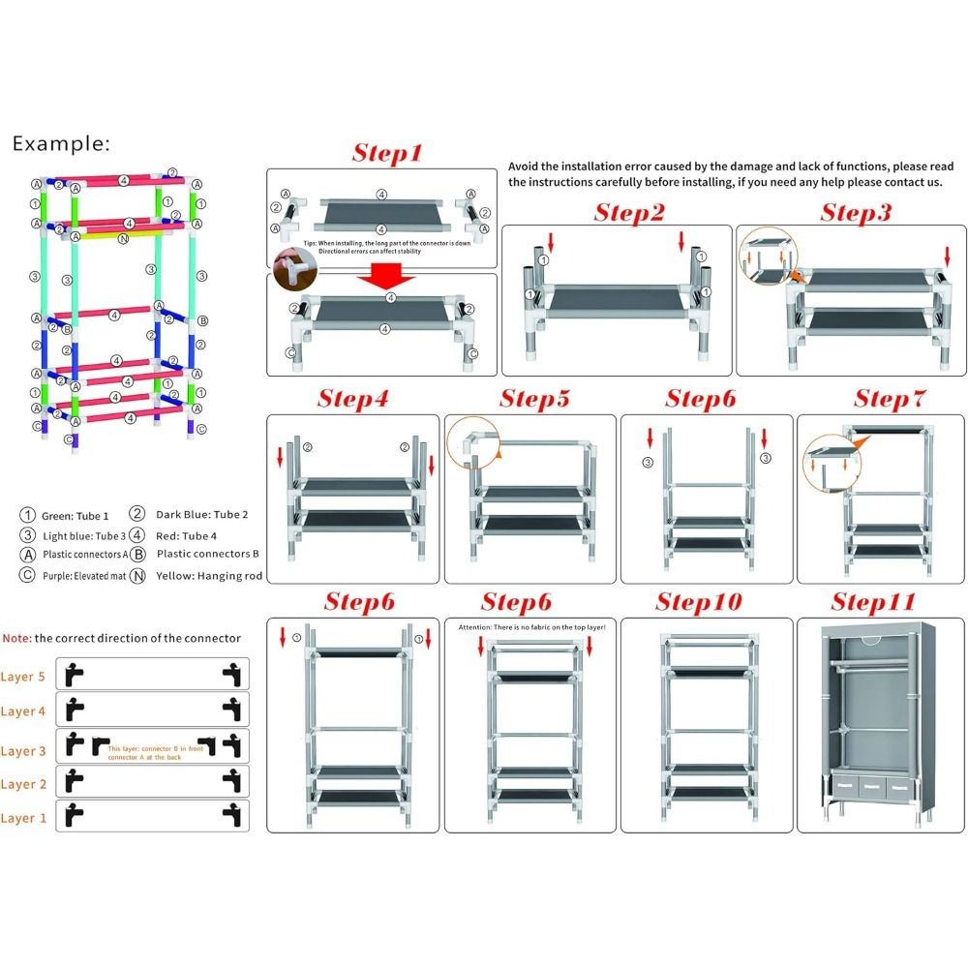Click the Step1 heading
[387, 153]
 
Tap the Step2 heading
[629, 213]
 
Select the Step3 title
[855, 213]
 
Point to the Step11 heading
[873, 602]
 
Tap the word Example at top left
[61, 144]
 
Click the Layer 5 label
[23, 677]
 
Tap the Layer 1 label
[23, 818]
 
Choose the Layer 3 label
[23, 750]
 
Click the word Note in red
[16, 638]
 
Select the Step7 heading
[890, 399]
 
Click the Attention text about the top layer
[531, 628]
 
